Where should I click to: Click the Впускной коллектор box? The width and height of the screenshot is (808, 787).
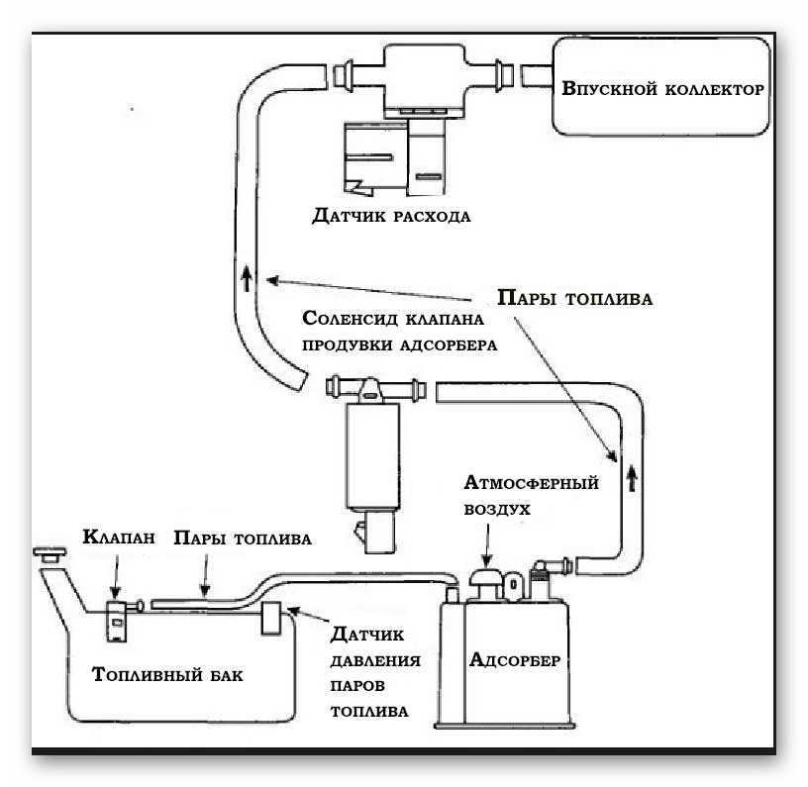[662, 88]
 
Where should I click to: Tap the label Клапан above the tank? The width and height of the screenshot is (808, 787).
[117, 539]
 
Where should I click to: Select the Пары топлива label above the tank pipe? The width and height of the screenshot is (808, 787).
[243, 539]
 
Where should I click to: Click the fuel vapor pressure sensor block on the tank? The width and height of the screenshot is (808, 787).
[269, 621]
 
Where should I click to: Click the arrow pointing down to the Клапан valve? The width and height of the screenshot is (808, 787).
[118, 576]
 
